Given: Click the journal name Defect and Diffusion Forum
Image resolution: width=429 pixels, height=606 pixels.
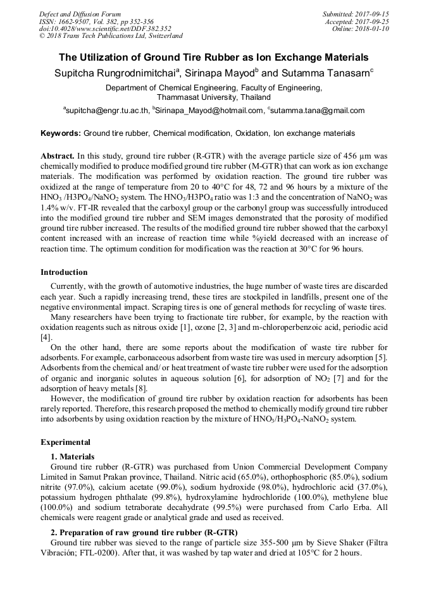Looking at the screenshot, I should [x=80, y=14].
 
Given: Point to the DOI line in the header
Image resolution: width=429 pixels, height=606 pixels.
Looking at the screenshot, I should [x=105, y=28].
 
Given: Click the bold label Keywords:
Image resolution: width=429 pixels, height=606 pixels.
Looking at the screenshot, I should [x=61, y=133].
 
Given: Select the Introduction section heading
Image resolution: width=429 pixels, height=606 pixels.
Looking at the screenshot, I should [x=64, y=272].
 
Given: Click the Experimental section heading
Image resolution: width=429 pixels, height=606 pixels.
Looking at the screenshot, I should [x=65, y=442].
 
